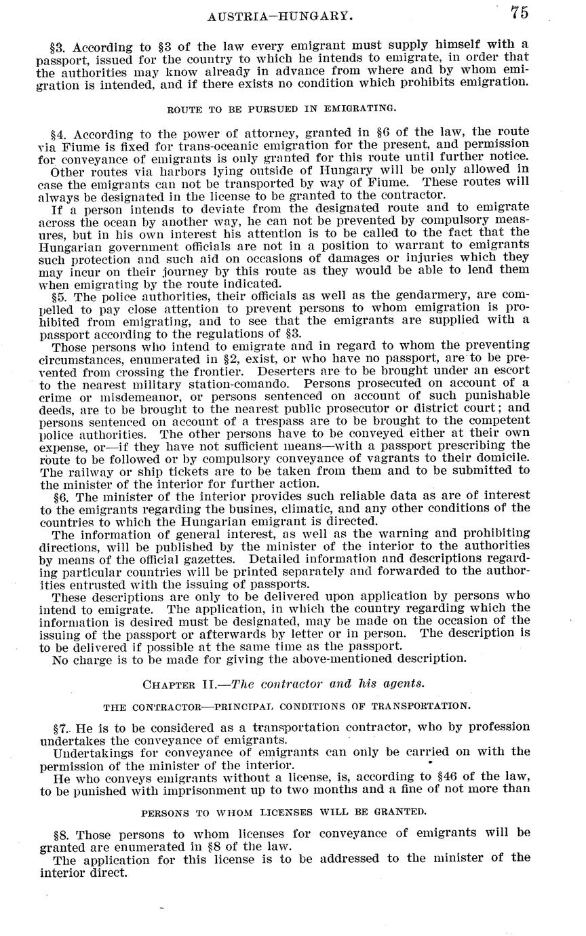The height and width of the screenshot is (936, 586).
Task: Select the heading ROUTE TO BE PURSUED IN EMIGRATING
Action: pos(281,108)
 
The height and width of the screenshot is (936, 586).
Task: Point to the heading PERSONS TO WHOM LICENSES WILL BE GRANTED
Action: pos(284,811)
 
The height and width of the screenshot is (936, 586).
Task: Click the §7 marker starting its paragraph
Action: pos(61,726)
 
